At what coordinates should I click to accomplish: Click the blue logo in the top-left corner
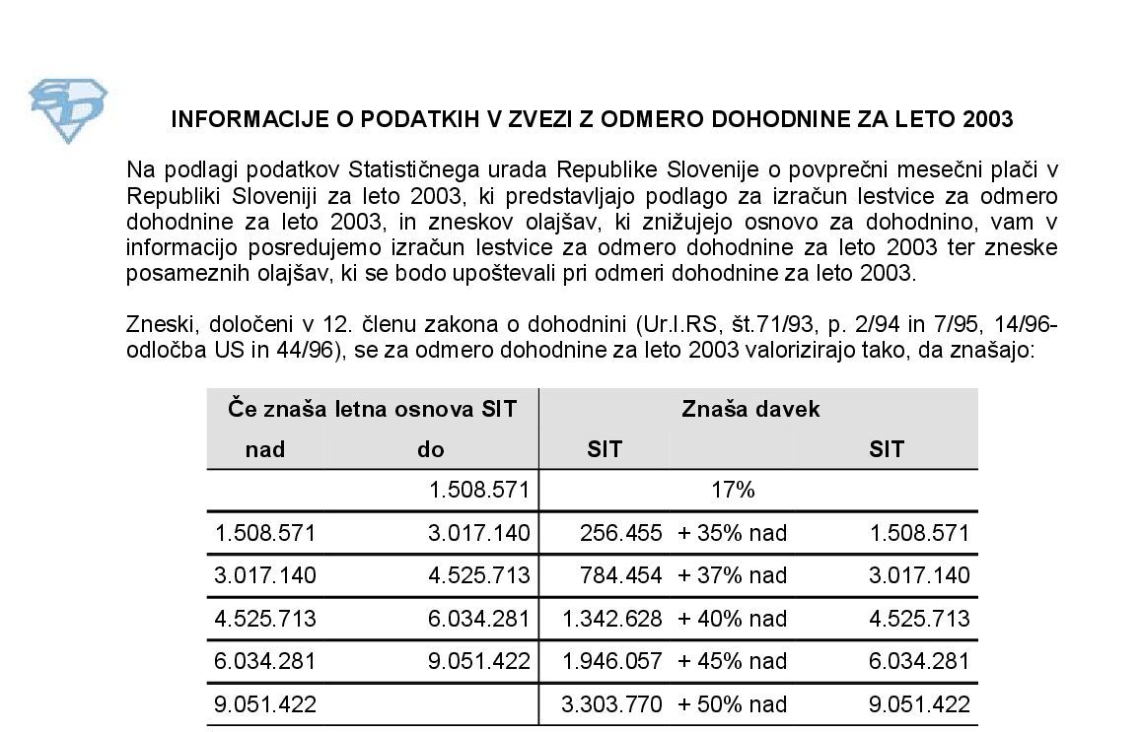pyautogui.click(x=68, y=111)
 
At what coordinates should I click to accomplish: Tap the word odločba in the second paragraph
pyautogui.click(x=164, y=350)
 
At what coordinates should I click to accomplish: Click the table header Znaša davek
pyautogui.click(x=750, y=409)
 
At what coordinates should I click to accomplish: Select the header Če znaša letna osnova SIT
pyautogui.click(x=372, y=409)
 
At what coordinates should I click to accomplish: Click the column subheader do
pyautogui.click(x=430, y=450)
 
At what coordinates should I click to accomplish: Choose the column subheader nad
pyautogui.click(x=264, y=450)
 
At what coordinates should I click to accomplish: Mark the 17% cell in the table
pyautogui.click(x=733, y=490)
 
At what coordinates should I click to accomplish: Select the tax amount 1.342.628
pyautogui.click(x=612, y=619)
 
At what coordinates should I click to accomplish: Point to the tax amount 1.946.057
pyautogui.click(x=612, y=661)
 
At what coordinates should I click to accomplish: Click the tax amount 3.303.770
pyautogui.click(x=612, y=704)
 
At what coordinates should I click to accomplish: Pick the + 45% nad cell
pyautogui.click(x=733, y=661)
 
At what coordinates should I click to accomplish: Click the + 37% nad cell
pyautogui.click(x=733, y=575)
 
